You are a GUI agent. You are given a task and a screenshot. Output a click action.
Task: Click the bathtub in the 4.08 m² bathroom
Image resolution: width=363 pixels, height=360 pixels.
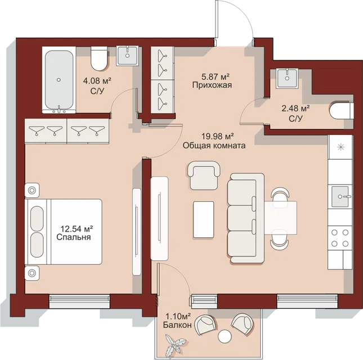coord(59,79)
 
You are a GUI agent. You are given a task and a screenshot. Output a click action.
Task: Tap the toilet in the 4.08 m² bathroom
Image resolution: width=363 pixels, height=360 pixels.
coord(99,58)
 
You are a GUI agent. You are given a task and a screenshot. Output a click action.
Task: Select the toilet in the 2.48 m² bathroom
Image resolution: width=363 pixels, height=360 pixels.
coord(342,111)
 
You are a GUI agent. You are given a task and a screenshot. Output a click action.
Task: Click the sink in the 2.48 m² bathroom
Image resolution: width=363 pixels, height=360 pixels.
coord(287,78)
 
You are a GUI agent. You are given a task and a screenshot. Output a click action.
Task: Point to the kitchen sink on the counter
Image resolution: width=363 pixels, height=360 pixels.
coord(340,196)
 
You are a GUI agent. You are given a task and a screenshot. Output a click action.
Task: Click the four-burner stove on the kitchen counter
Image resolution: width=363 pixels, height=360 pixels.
coord(340,238)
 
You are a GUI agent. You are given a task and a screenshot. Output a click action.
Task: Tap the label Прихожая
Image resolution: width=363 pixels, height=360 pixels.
coord(212,85)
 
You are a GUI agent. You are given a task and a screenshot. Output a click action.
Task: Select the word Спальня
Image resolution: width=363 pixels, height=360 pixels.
coord(73,237)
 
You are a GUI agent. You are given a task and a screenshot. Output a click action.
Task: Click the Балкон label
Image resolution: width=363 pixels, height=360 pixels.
coord(177,325)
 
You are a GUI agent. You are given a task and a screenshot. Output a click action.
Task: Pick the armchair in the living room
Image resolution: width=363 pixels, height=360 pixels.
coord(204,175)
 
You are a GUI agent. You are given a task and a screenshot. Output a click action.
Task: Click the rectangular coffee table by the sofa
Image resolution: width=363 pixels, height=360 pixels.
coord(204,219)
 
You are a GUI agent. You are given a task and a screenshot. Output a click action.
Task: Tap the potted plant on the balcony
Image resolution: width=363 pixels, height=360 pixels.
coord(174,344)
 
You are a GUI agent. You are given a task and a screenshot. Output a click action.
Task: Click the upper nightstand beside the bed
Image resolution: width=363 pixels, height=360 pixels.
coord(32,191)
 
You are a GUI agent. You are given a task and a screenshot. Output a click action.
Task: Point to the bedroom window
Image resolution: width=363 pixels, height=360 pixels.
coord(79,301)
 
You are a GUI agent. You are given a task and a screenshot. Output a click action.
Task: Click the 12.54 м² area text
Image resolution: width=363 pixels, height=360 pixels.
coord(77,229)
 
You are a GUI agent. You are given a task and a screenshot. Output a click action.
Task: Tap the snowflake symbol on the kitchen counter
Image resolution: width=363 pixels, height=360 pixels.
coord(340,147)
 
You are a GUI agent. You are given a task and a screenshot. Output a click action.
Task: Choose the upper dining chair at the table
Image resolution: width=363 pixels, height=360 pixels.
coord(280,195)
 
